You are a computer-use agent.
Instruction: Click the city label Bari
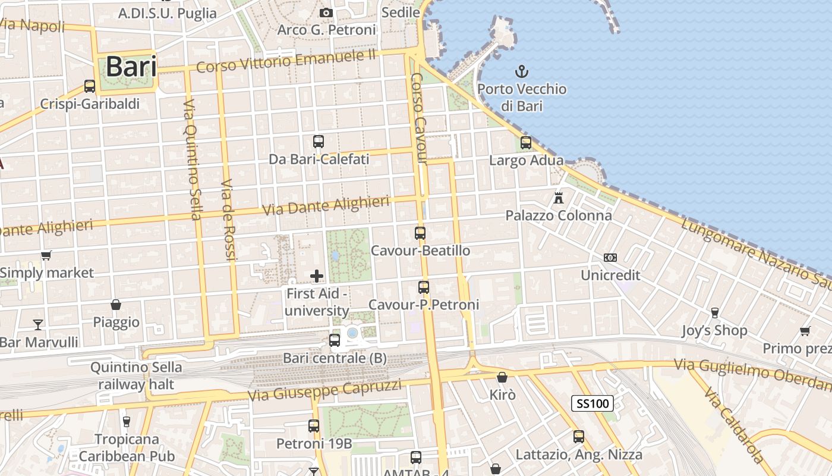coord(131,67)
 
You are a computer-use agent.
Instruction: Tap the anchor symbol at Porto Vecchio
coord(521,73)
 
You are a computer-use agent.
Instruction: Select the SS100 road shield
coord(592,404)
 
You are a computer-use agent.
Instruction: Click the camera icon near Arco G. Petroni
coord(325,12)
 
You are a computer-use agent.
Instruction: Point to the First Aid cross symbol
coord(317,275)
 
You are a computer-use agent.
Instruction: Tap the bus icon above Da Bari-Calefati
coord(319,142)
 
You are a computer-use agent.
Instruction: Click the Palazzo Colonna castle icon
coord(558,198)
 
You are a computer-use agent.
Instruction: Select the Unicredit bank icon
coord(610,258)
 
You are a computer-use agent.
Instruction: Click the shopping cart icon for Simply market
coord(46,255)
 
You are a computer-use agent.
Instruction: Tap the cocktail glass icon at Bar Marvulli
coord(38,324)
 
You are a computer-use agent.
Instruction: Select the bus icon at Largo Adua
coord(526,143)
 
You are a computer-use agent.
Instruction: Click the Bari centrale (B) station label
coord(335,358)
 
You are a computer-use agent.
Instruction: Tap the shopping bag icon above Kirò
coord(502,377)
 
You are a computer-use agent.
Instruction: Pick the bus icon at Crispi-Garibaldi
coord(90,86)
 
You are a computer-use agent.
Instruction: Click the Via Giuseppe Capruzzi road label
coord(324,390)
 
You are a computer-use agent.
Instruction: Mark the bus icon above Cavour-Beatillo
coord(420,233)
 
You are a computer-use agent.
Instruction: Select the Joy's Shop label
coord(714,330)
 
